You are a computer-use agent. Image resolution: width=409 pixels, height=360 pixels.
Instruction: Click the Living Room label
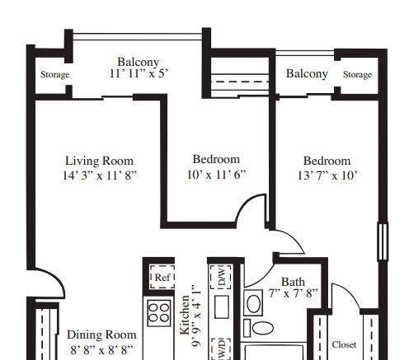tap(99, 161)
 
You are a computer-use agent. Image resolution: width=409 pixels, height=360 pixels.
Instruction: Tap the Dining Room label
tap(101, 334)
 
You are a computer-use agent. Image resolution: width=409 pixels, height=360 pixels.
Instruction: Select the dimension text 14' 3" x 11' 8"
tap(100, 175)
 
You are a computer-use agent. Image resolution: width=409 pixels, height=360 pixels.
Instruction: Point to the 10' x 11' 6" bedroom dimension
tap(216, 174)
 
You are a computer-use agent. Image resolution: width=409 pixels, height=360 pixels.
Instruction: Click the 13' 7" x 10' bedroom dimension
tap(327, 175)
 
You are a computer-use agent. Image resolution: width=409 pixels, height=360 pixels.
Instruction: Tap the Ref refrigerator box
tap(162, 277)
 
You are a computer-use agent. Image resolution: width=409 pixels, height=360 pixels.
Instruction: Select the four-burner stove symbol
tap(159, 313)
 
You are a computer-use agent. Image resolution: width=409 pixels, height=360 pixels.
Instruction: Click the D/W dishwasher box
tap(221, 277)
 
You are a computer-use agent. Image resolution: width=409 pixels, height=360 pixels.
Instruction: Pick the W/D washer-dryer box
tap(222, 349)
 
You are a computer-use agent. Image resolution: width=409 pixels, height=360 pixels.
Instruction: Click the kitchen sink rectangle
tap(222, 306)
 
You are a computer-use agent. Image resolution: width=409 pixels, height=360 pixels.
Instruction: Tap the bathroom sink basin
tap(253, 303)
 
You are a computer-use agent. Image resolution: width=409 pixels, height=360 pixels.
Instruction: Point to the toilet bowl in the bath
tap(262, 328)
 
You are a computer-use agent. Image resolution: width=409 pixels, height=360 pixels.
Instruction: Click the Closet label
tap(344, 344)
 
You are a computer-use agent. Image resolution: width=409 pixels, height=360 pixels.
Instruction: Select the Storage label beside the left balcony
tap(54, 74)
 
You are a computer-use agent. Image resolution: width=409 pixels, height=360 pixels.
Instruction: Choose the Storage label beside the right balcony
tap(357, 74)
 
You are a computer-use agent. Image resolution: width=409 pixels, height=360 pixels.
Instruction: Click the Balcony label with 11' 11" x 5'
tap(139, 62)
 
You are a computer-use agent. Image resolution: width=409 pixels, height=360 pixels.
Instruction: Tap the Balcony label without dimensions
tap(307, 73)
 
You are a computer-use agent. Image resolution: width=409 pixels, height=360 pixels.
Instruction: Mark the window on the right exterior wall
tap(383, 241)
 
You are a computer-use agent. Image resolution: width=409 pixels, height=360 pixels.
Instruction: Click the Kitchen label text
tap(185, 316)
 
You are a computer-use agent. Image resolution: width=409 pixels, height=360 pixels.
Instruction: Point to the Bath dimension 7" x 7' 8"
tap(293, 293)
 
